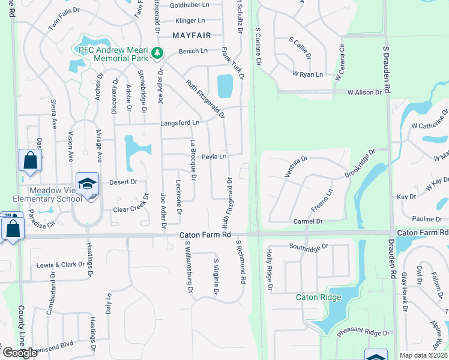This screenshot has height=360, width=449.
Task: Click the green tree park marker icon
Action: click(157, 53)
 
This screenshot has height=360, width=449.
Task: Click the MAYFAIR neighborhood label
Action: click(192, 35)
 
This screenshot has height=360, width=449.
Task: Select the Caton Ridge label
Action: click(318, 297)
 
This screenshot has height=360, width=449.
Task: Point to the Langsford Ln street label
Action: click(179, 123)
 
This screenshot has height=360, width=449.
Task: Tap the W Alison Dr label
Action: click(364, 92)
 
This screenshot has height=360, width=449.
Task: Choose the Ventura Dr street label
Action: click(295, 167)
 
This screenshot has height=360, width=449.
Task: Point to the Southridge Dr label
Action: click(309, 246)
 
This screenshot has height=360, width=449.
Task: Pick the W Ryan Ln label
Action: click(308, 74)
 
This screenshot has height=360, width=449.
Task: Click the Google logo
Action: click(20, 353)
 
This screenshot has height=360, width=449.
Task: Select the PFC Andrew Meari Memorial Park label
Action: click(114, 53)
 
